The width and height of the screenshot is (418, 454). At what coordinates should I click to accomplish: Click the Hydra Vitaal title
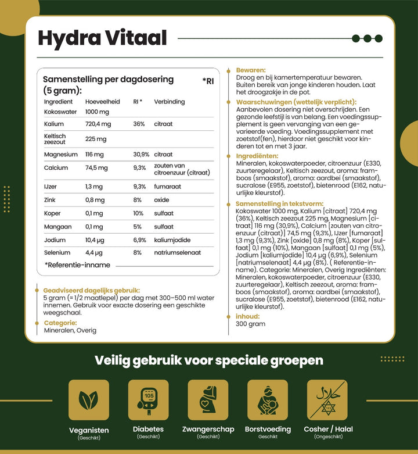click(102, 38)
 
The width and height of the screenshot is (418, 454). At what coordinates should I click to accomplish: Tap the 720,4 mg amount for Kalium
click(98, 124)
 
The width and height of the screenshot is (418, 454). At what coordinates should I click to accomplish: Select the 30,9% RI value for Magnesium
click(141, 155)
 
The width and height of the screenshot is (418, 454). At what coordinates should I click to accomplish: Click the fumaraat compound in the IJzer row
click(167, 187)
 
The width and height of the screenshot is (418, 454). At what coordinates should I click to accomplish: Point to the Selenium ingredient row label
click(57, 253)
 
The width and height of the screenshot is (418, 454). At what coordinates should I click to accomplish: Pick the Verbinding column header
click(169, 102)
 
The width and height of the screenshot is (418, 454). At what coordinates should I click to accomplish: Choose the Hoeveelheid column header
click(102, 102)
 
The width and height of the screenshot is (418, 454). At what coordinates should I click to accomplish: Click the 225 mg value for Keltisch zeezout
click(95, 139)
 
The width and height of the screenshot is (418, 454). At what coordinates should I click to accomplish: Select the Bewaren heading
click(251, 70)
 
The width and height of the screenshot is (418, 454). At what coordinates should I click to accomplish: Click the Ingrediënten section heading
click(257, 156)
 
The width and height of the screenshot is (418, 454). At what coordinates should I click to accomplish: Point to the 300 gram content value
click(250, 324)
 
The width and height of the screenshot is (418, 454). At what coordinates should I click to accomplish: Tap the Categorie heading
click(60, 323)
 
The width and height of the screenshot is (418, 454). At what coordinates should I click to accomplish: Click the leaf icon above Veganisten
click(89, 400)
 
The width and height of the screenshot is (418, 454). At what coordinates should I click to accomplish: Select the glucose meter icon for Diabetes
click(149, 400)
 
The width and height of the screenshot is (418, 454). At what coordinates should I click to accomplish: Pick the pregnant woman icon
click(208, 400)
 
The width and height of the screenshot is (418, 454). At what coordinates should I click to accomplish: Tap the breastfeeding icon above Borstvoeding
click(268, 400)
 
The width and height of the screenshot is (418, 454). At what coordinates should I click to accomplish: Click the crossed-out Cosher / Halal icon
click(327, 400)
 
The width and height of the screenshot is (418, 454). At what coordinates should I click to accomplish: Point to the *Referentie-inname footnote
click(77, 265)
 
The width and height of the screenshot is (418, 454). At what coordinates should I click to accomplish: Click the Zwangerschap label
click(208, 429)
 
